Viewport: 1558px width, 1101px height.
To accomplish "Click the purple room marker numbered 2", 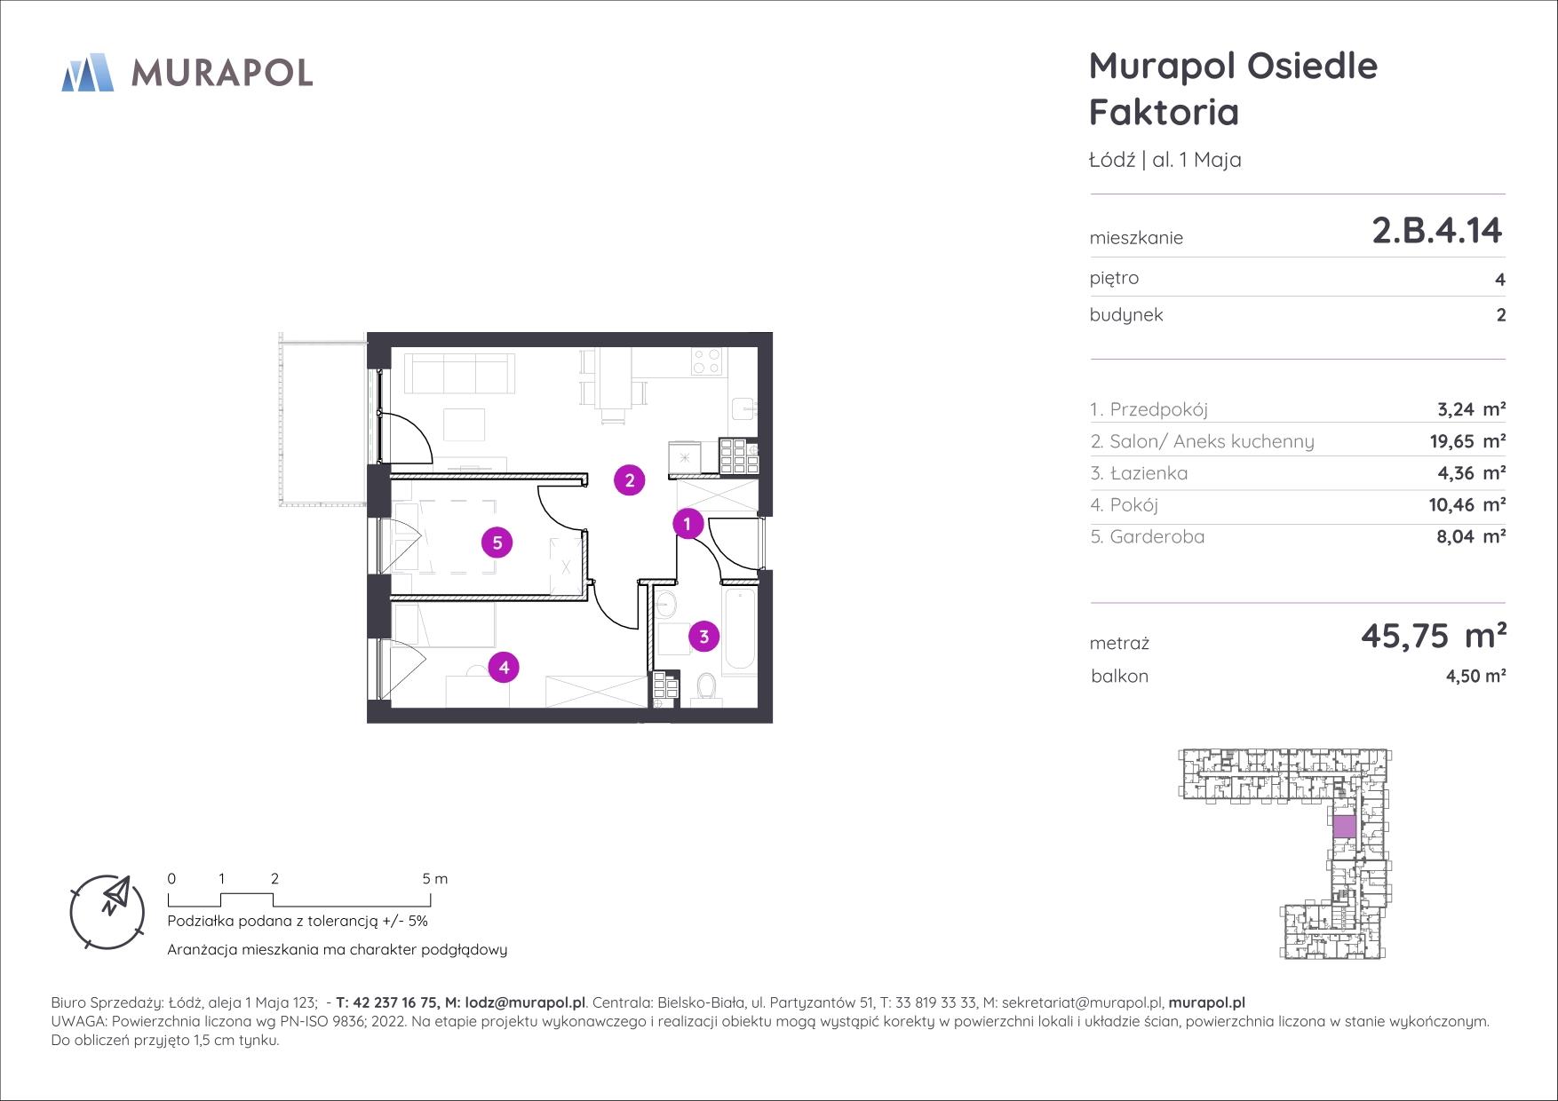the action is click(x=630, y=480).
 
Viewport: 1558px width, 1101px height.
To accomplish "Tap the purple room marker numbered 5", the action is click(x=497, y=542).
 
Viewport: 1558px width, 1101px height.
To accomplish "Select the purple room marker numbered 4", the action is click(x=504, y=667).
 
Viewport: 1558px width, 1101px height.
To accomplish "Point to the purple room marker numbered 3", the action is click(x=704, y=636).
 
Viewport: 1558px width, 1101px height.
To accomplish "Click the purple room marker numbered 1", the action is click(x=687, y=524).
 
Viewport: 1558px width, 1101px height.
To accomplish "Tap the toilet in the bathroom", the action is click(x=707, y=689).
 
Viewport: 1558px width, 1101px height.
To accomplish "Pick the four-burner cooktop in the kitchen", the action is click(x=708, y=360).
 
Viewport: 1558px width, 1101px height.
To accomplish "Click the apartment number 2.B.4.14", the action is click(x=1436, y=230).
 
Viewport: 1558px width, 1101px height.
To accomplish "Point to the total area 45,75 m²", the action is click(x=1433, y=636).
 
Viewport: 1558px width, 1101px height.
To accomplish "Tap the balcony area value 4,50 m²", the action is click(x=1475, y=676).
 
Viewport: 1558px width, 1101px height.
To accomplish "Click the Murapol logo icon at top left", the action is click(x=88, y=72).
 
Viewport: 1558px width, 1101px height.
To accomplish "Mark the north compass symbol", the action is click(x=107, y=911).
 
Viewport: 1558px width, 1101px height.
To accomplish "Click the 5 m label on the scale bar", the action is click(x=435, y=879).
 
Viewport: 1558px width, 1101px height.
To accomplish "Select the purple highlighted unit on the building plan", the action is click(x=1344, y=827).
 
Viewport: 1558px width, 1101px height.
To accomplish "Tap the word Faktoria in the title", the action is click(x=1164, y=113).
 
